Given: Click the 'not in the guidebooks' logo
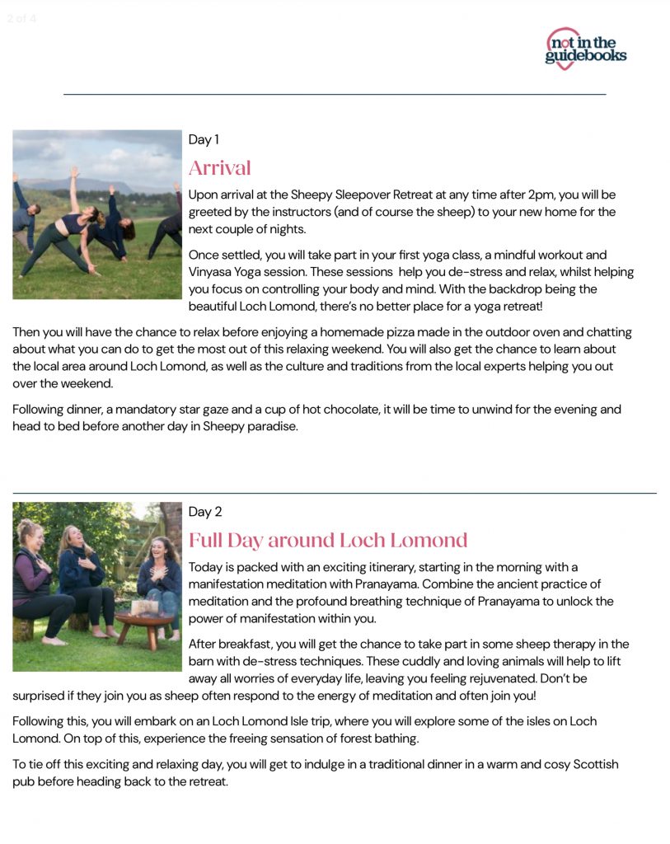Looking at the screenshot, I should [585, 48].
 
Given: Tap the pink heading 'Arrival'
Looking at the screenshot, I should [219, 168].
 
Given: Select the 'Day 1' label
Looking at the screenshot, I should [204, 139].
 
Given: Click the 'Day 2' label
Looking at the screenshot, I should [205, 512].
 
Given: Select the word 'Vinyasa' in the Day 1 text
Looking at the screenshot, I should [213, 272].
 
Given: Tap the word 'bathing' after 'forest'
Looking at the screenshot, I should [396, 738].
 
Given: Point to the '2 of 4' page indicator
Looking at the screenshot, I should [22, 18].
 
